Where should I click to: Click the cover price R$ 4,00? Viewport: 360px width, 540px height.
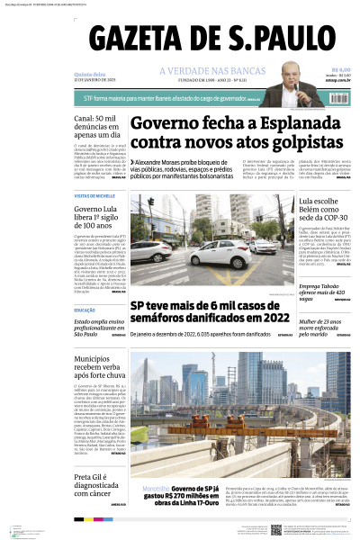pyautogui.click(x=340, y=69)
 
